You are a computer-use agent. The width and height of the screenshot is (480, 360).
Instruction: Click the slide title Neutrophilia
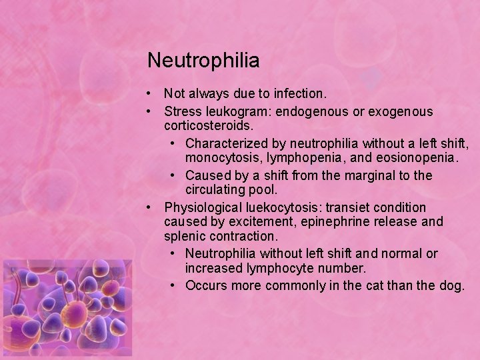203,61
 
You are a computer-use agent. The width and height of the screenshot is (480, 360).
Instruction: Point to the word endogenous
315,111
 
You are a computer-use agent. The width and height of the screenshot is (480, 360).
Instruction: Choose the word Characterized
225,143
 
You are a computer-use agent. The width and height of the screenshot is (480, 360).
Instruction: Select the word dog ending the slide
451,285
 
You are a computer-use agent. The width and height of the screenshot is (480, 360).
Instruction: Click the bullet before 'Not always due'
153,94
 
